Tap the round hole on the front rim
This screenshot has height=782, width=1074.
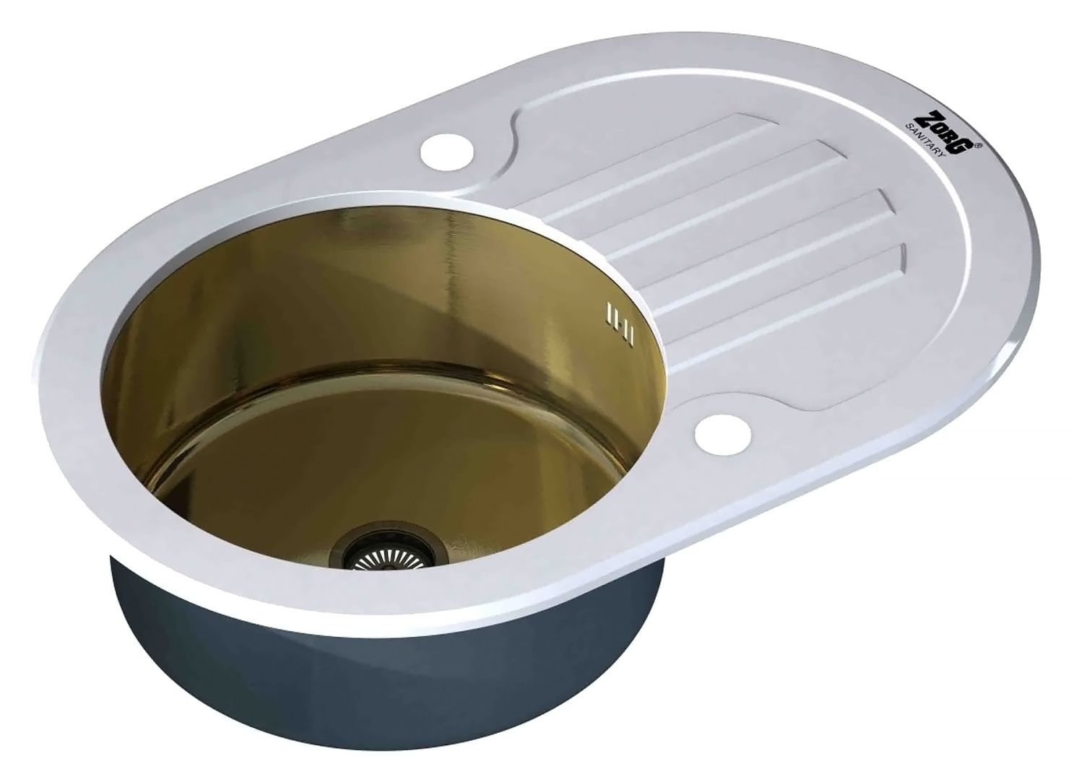pos(723,435)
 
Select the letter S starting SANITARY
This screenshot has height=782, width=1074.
pos(909,128)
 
